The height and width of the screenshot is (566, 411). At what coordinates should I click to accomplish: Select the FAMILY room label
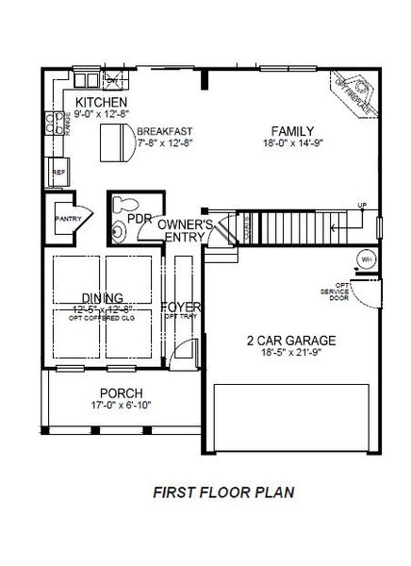(293, 131)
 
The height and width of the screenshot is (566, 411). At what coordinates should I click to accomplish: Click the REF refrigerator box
(58, 173)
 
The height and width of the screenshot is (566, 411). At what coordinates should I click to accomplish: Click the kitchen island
(118, 142)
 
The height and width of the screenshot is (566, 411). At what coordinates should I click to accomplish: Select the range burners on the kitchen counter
(55, 120)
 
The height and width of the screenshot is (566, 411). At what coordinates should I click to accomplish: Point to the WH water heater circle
(366, 259)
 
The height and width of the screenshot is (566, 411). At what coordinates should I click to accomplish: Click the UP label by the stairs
(361, 206)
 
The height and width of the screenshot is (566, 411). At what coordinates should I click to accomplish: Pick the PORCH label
(120, 392)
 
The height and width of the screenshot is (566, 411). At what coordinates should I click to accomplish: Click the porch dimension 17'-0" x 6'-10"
(120, 406)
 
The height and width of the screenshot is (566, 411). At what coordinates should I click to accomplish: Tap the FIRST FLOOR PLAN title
(224, 491)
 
